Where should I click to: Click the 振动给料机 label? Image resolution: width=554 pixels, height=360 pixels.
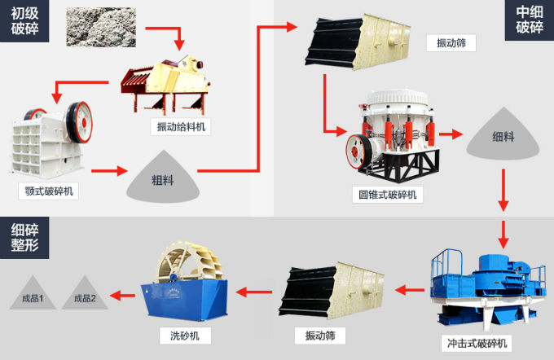[x=181, y=127]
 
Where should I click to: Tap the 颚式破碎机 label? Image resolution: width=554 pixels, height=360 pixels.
[x=49, y=191]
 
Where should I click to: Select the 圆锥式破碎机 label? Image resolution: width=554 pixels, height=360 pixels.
[x=388, y=195]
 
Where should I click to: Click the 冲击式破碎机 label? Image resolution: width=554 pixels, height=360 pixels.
[x=477, y=343]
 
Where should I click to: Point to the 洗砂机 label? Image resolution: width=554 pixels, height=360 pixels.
[x=185, y=336]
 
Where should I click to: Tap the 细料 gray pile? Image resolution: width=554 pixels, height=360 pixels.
[x=503, y=134]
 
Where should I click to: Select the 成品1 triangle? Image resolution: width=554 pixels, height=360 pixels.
[x=33, y=293]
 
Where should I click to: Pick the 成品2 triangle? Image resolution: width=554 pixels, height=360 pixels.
[x=85, y=293]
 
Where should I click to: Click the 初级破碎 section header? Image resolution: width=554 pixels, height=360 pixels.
[x=24, y=21]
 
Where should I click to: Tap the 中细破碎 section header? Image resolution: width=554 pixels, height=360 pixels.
[x=530, y=20]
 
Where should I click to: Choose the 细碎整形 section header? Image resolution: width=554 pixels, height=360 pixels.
[x=24, y=238]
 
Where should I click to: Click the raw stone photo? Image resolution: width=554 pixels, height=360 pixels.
[x=101, y=27]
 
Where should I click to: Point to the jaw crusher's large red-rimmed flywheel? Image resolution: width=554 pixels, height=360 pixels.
[x=80, y=122]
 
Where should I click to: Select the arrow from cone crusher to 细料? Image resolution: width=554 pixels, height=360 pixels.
[x=451, y=134]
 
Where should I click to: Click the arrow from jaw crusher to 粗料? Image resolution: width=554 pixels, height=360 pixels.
[x=109, y=171]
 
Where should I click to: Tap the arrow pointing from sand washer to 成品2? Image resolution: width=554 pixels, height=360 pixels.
[x=122, y=296]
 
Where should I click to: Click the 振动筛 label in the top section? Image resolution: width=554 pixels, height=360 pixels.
[x=451, y=43]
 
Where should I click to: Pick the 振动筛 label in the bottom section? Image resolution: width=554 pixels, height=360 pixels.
[x=320, y=336]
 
